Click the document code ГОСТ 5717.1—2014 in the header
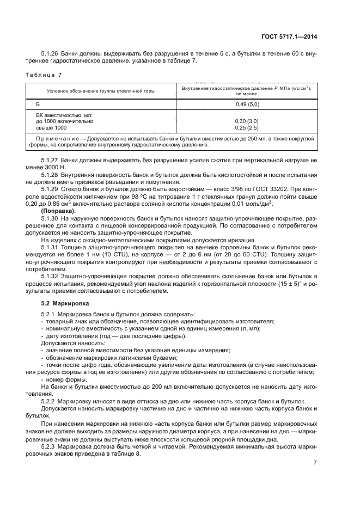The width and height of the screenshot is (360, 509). [x=289, y=37]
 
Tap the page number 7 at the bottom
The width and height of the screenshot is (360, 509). [x=315, y=463]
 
